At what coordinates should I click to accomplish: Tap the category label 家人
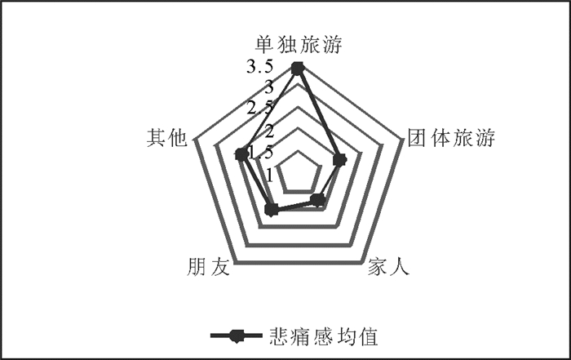[388, 267]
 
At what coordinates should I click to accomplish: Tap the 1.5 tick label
[262, 152]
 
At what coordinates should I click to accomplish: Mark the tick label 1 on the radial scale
[270, 173]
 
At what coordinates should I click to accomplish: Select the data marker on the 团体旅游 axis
[340, 159]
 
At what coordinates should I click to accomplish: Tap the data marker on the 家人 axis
[319, 200]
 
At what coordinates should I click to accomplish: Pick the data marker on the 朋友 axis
[272, 211]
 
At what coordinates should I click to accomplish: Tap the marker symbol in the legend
[234, 336]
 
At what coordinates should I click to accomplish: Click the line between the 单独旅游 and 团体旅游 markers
[319, 114]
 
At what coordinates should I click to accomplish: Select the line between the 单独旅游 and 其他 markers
[269, 112]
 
